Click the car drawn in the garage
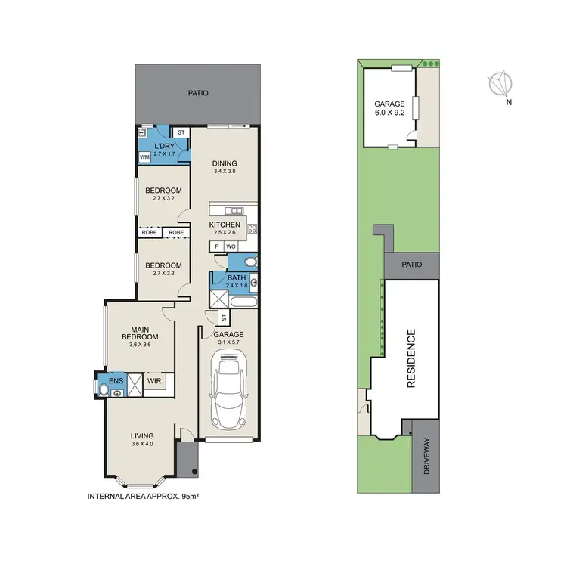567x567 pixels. pos(228,391)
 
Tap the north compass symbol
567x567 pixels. pos(500,84)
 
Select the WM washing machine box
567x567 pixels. pos(144,157)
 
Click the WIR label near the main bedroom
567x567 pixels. pos(153,382)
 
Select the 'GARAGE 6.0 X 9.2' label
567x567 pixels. pos(389,108)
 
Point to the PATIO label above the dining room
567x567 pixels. pos(198,94)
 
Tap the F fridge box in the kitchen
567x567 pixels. pos(217,246)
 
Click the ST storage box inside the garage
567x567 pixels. pos(223,318)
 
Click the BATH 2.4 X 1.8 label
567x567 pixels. pos(237,282)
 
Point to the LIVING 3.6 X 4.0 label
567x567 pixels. pos(142,439)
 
